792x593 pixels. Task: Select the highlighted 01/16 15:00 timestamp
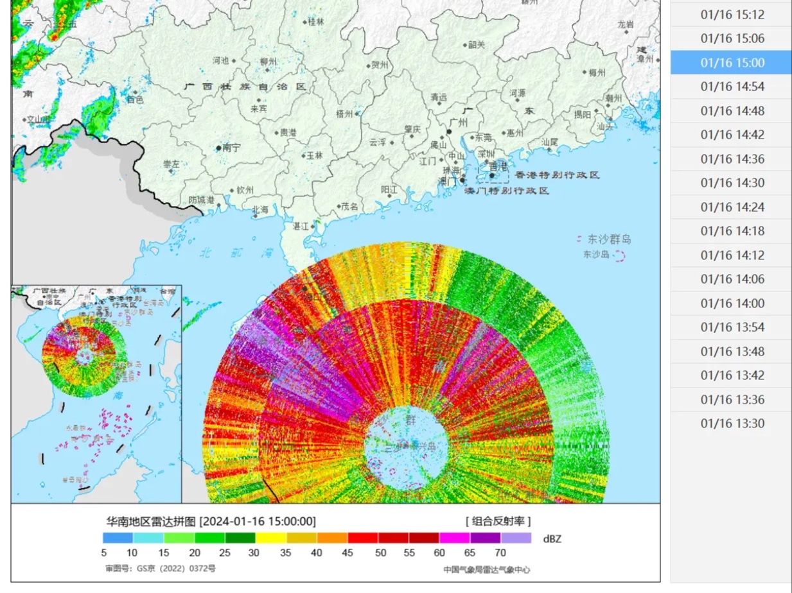(x=732, y=62)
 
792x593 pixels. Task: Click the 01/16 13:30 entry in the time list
(x=732, y=423)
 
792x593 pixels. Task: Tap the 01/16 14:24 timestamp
(x=732, y=207)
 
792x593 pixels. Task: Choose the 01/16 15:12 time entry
(x=732, y=15)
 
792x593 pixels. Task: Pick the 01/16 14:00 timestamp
(x=732, y=303)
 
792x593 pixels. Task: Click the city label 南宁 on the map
(x=231, y=148)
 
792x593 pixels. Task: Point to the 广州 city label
(x=459, y=123)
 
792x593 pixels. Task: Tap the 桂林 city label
(x=316, y=21)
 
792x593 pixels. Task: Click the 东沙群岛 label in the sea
(x=608, y=239)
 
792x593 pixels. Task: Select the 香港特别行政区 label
(x=557, y=175)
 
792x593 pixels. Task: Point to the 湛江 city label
(x=301, y=227)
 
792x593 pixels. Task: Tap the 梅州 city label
(x=597, y=73)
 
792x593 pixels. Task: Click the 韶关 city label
(x=477, y=44)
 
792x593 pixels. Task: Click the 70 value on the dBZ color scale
(x=500, y=553)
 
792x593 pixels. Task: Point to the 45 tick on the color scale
(x=348, y=553)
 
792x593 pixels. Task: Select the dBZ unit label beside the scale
(x=552, y=538)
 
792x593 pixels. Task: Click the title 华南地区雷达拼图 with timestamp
(x=211, y=521)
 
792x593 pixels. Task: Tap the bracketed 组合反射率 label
(x=498, y=521)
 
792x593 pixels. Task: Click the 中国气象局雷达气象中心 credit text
(x=486, y=570)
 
